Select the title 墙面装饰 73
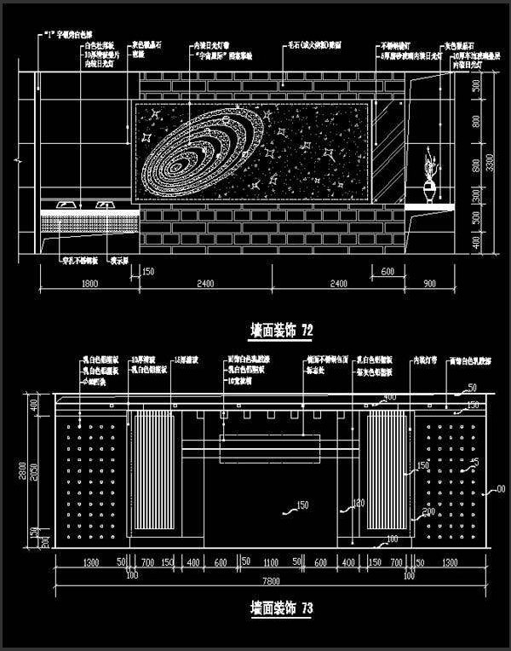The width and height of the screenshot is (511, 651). (x=272, y=608)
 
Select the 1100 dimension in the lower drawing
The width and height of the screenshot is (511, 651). (x=270, y=563)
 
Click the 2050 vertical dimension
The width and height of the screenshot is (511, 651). (x=35, y=473)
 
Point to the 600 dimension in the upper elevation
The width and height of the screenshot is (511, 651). (x=388, y=272)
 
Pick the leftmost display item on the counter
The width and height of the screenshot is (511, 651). (x=64, y=205)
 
